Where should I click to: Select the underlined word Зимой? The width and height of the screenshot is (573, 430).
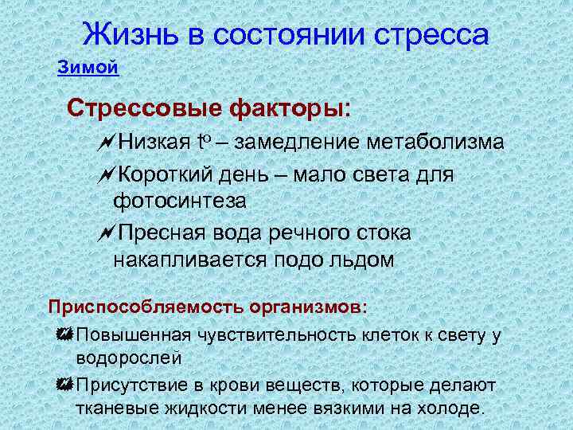(88, 68)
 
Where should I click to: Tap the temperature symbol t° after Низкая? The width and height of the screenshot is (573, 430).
(202, 143)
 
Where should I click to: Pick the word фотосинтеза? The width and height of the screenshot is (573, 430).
(179, 200)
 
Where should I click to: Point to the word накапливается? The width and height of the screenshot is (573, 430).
(192, 260)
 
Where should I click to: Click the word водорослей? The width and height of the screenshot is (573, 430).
(129, 358)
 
